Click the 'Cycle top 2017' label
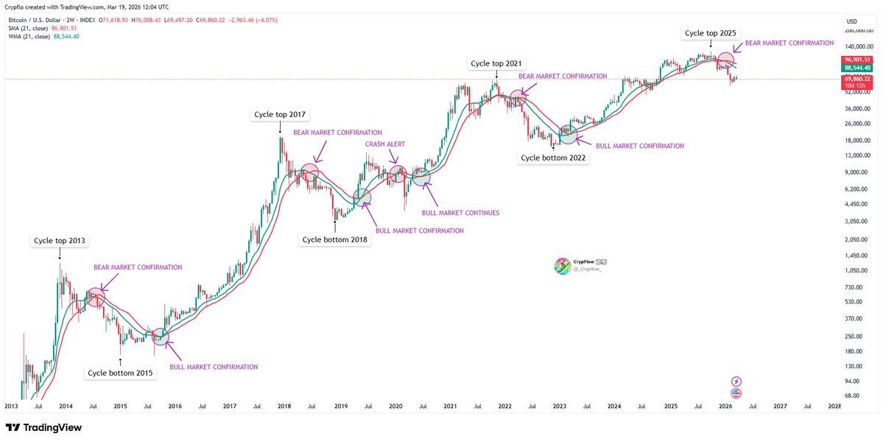(279, 114)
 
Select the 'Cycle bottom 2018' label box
(335, 239)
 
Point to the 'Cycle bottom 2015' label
(120, 373)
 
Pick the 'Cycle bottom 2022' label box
(554, 158)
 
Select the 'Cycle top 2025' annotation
(710, 33)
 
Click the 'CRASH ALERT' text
(385, 144)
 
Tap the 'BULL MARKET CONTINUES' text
(460, 213)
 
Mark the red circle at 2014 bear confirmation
(96, 297)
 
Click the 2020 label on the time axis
(395, 406)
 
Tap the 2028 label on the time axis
(834, 406)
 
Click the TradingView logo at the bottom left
(43, 427)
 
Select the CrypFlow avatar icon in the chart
(562, 266)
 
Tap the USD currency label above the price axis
(852, 21)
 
